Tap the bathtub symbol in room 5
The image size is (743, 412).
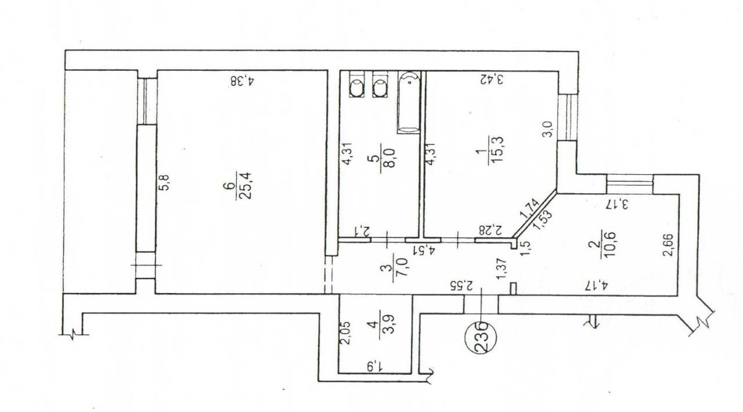[x=409, y=102]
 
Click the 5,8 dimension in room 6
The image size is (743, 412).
[x=165, y=183]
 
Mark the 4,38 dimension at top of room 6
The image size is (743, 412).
[x=243, y=81]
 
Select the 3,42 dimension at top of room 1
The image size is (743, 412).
[x=491, y=79]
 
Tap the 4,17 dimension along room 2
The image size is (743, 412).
[x=596, y=285]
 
